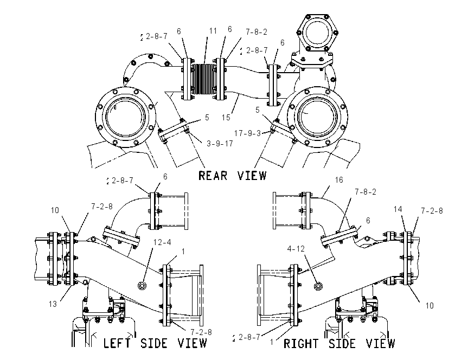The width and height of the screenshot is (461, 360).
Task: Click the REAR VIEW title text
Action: coord(232,176)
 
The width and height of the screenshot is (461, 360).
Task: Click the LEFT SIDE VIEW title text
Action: coord(155,343)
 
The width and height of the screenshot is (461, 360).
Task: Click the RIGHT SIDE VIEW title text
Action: coord(339,343)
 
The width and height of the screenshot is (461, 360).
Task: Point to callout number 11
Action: coord(213,31)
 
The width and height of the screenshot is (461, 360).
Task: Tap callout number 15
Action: coord(226,118)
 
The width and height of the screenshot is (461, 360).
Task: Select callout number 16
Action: coord(339,180)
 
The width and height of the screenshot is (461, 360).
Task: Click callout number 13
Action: coord(53,304)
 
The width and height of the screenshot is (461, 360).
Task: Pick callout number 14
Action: coord(398,209)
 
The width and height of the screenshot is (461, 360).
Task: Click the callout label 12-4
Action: coord(162,242)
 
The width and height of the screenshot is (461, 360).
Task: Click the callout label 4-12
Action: coord(296,249)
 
